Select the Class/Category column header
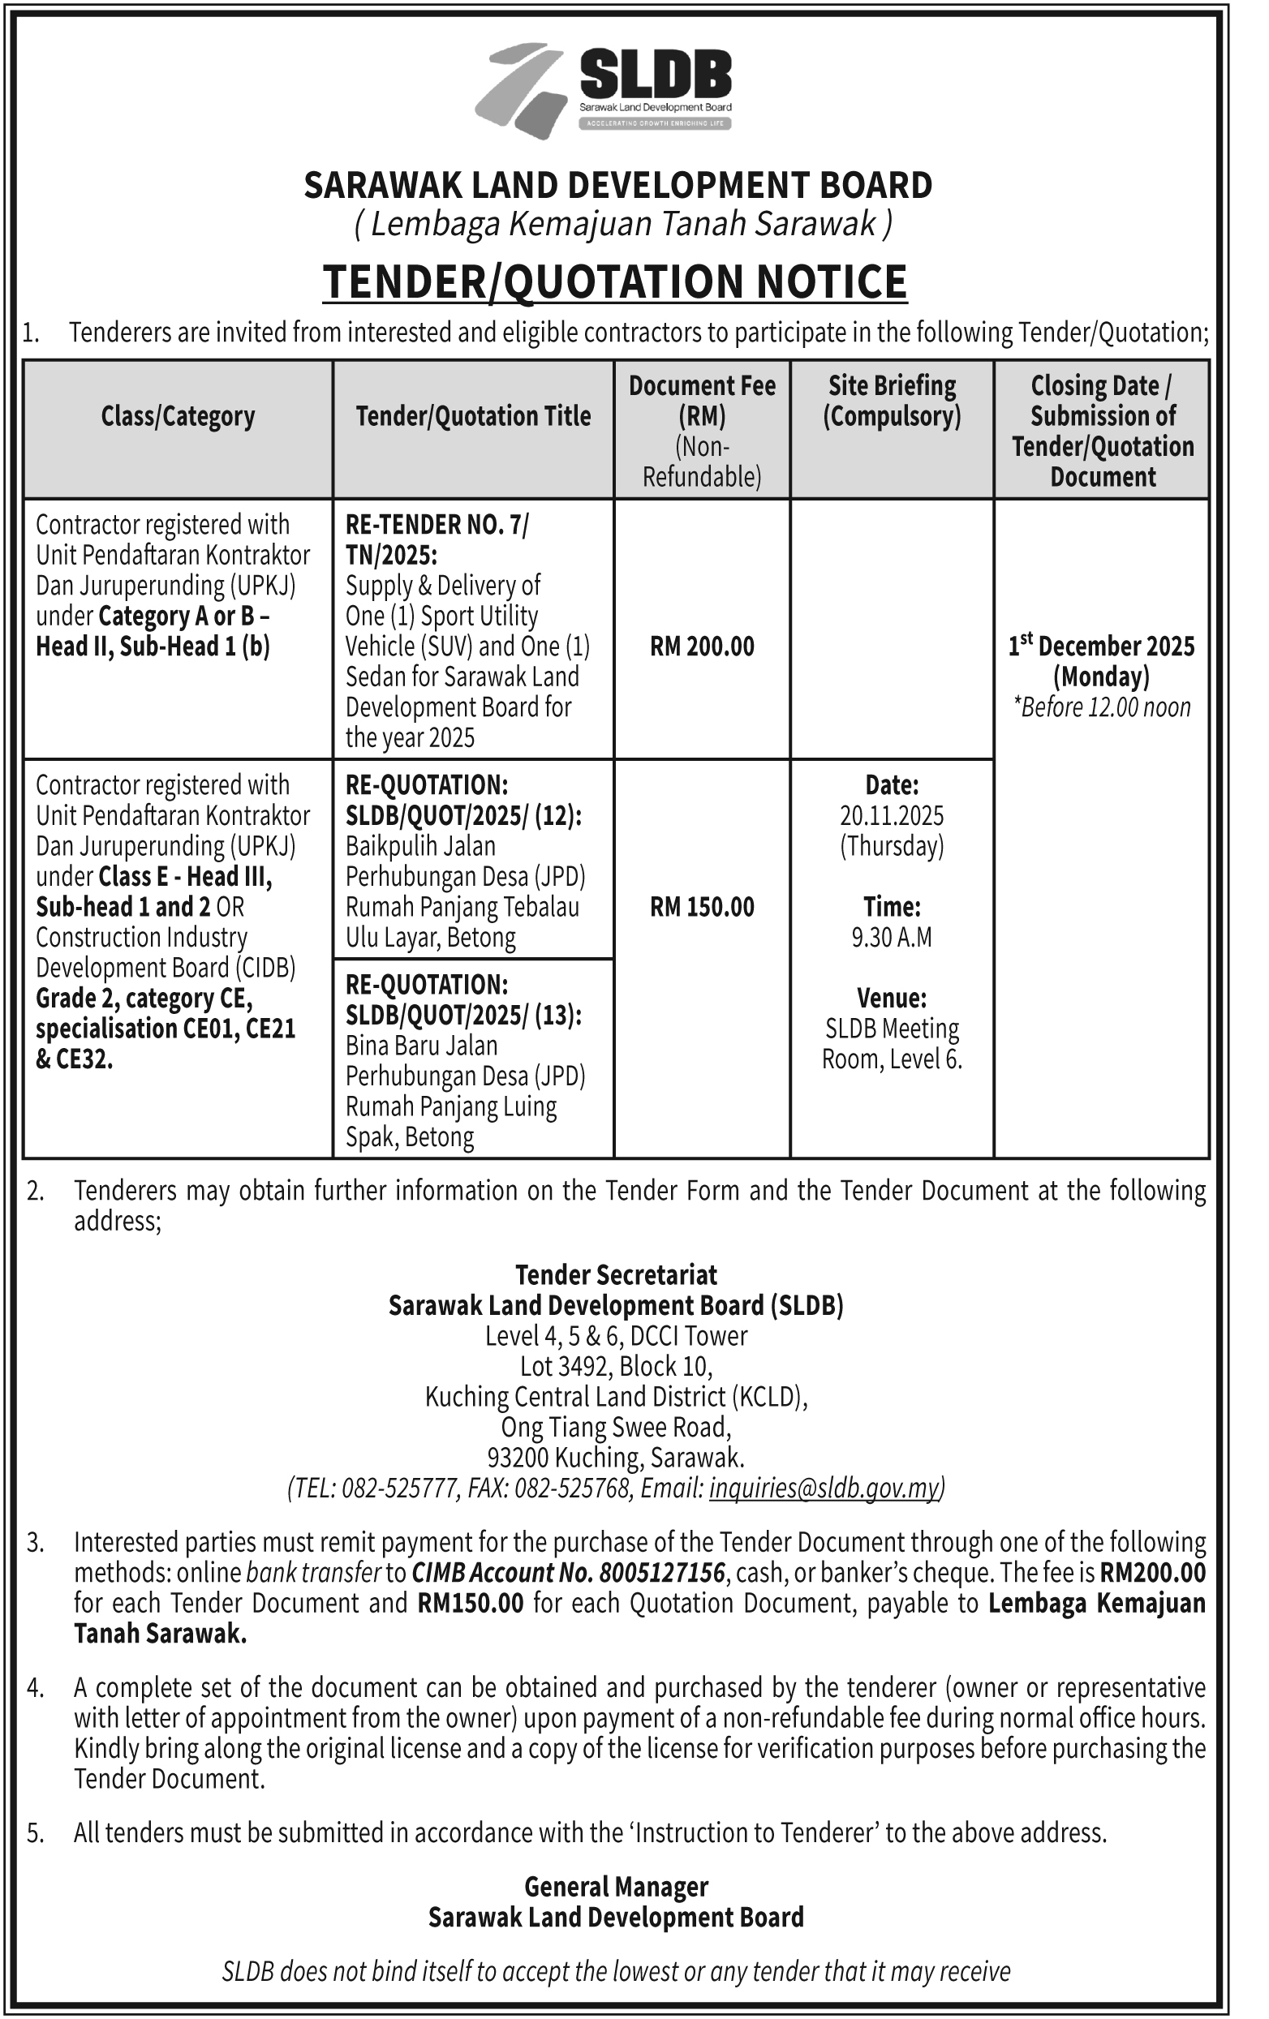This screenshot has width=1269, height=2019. (x=178, y=416)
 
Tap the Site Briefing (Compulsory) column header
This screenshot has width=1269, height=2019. (x=892, y=401)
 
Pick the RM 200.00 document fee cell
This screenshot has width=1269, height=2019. (x=702, y=647)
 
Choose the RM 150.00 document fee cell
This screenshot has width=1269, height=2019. (x=702, y=906)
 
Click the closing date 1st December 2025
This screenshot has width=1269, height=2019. (x=1101, y=647)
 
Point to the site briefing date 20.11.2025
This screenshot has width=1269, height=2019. (x=892, y=815)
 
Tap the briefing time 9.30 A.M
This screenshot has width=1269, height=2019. (x=892, y=937)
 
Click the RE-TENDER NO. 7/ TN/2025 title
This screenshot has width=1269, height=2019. (x=437, y=539)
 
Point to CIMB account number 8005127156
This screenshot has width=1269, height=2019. (x=668, y=1572)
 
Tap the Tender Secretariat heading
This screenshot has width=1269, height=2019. (x=616, y=1274)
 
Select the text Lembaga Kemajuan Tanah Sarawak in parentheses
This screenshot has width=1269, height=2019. (x=623, y=225)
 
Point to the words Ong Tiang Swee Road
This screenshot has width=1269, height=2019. (x=616, y=1426)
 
